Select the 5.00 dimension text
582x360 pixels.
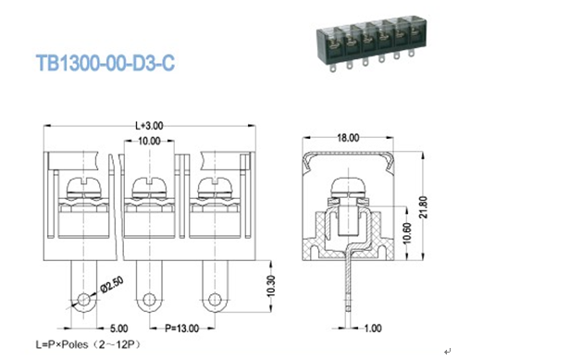(x=118, y=328)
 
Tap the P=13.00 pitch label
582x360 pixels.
(x=180, y=328)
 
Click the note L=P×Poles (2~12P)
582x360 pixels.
(x=95, y=345)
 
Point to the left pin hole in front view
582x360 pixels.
(x=84, y=300)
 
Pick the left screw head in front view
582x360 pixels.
(x=84, y=192)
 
